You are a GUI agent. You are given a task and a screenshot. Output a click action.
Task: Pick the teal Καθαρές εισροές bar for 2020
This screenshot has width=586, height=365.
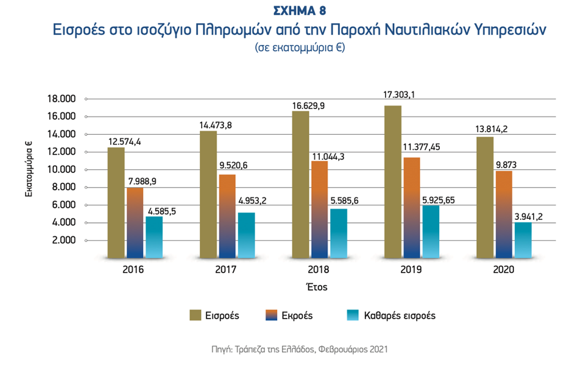tap(523, 240)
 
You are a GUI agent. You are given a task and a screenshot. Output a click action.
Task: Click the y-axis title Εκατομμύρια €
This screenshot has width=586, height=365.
tap(29, 169)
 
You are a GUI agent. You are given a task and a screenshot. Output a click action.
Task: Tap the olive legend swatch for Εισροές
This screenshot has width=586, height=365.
tap(196, 315)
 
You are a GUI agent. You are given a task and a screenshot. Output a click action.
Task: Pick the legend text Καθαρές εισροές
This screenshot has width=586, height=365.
tap(400, 316)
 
